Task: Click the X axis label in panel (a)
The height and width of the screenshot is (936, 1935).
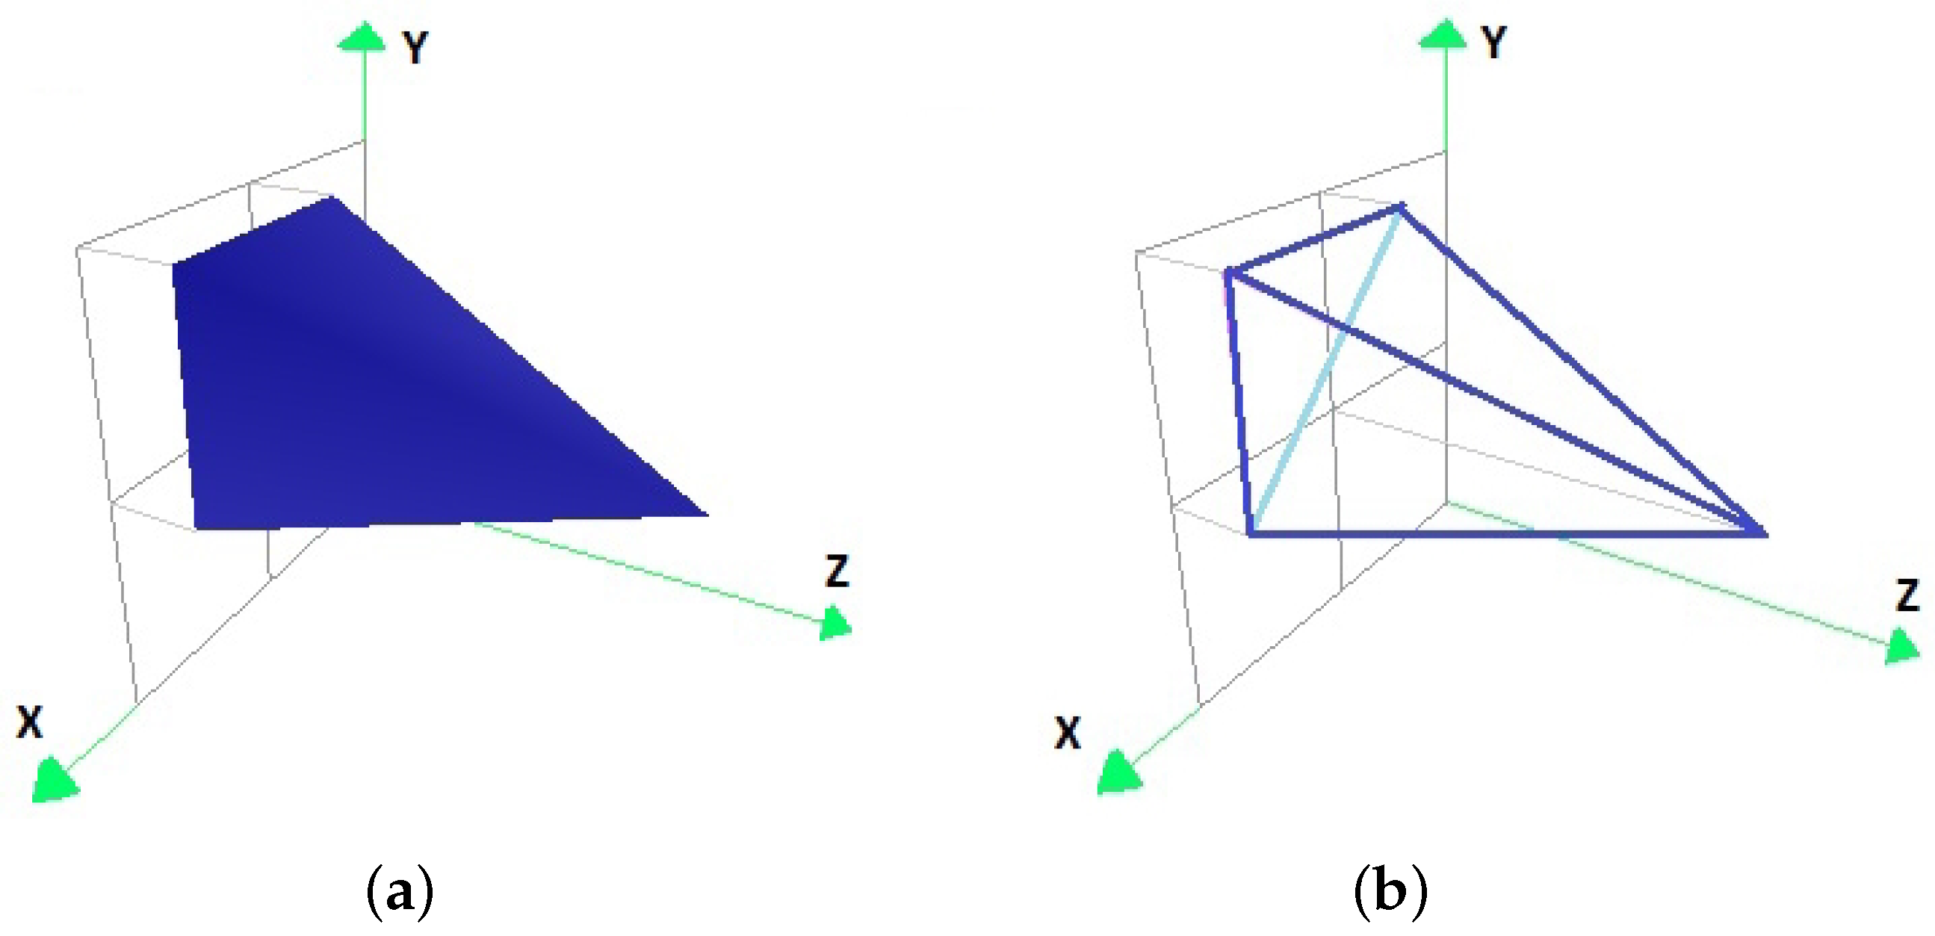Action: coord(30,722)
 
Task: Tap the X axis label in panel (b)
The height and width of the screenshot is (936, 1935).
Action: coord(1068,732)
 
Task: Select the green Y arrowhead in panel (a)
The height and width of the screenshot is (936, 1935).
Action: coord(363,37)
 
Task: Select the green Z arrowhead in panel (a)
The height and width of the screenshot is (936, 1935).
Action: coord(835,623)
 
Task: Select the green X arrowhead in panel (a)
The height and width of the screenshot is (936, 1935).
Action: coord(54,781)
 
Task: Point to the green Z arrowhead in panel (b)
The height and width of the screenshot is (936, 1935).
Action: coord(1902,648)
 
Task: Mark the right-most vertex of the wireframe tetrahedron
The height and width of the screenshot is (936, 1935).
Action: coord(1764,533)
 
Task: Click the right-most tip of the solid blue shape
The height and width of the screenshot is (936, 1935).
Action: coord(706,515)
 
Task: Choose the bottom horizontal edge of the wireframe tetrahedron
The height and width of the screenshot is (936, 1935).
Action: coord(1502,534)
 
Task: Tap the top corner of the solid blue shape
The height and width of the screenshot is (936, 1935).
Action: coord(332,198)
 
